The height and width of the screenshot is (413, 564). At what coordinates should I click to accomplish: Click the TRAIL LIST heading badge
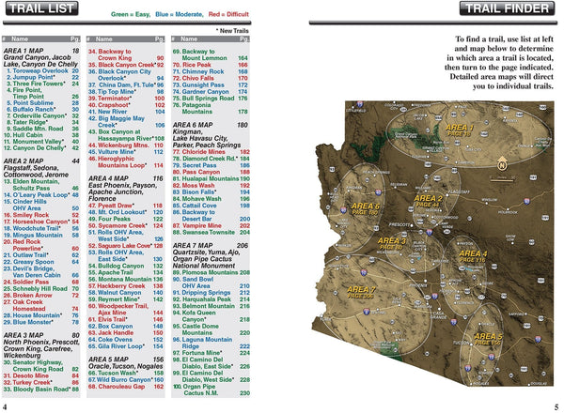pyautogui.click(x=46, y=12)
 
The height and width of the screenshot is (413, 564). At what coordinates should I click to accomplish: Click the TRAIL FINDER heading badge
pyautogui.click(x=509, y=12)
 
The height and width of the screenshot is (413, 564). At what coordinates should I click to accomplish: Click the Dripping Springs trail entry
pyautogui.click(x=209, y=293)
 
